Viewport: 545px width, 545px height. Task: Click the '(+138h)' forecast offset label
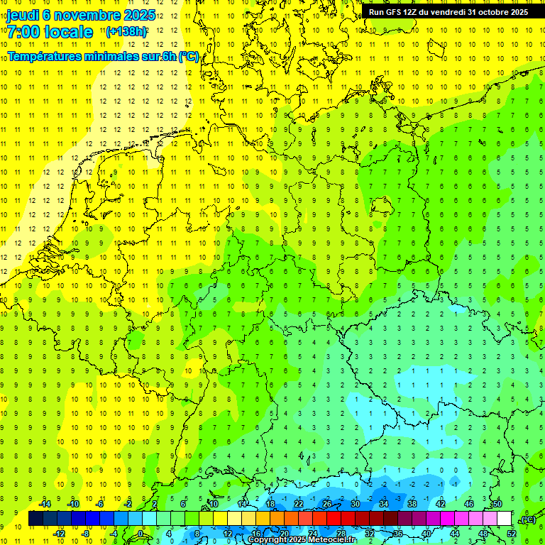[126, 32]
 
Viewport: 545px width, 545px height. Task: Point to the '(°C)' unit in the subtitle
[189, 56]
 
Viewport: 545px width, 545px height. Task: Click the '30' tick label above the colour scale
[356, 504]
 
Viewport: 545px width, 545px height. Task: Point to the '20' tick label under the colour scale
[284, 533]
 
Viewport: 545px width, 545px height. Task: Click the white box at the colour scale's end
[505, 519]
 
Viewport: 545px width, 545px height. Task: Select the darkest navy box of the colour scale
[35, 519]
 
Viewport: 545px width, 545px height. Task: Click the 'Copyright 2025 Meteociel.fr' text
[302, 540]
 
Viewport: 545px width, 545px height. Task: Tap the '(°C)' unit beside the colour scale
[528, 519]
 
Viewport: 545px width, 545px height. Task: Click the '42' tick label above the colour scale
[441, 504]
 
